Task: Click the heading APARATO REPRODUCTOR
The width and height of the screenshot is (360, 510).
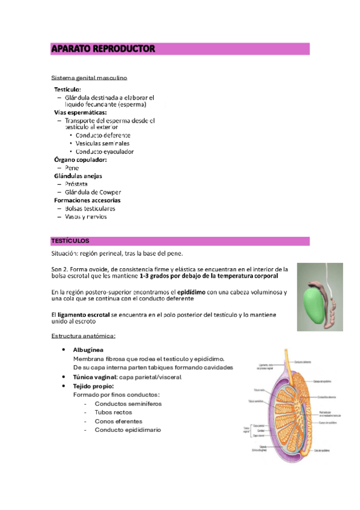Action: click(x=103, y=49)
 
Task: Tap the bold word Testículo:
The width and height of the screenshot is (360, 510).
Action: click(x=68, y=89)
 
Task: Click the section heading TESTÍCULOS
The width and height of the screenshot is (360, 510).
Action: click(x=70, y=241)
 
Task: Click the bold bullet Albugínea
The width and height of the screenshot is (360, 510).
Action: click(x=88, y=349)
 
